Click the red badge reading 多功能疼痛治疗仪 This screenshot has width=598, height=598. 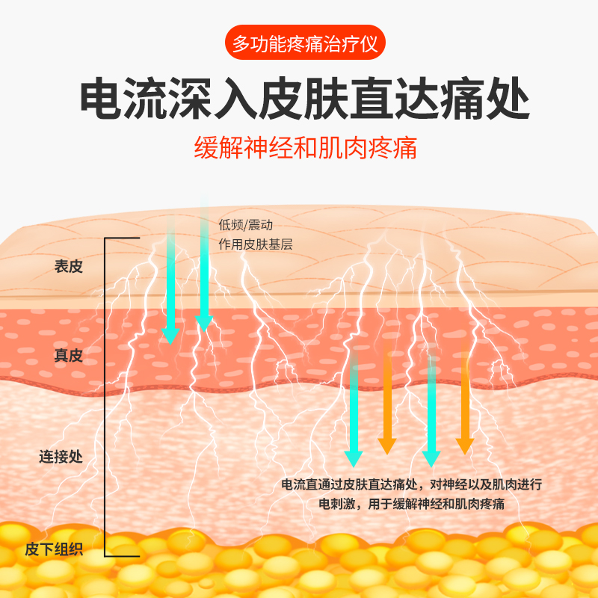pyautogui.click(x=305, y=44)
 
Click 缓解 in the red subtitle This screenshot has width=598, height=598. pyautogui.click(x=217, y=147)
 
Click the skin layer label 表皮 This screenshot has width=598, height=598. pyautogui.click(x=68, y=267)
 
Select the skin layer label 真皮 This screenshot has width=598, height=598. pyautogui.click(x=68, y=356)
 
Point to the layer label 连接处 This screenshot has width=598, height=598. pyautogui.click(x=61, y=457)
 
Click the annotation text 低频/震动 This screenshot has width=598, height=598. pyautogui.click(x=240, y=224)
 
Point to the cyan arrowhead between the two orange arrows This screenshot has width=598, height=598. pyautogui.click(x=430, y=457)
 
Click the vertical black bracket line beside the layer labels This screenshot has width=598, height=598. pyautogui.click(x=105, y=396)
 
